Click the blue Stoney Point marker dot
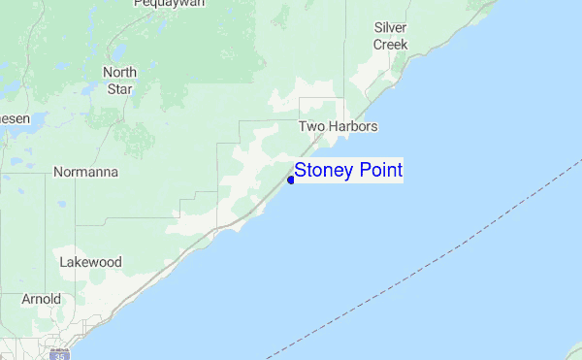291,180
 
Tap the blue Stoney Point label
348,171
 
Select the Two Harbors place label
338,127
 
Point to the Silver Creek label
391,36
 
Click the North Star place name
119,81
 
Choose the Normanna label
86,173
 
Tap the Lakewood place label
90,262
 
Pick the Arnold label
42,299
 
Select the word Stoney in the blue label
324,171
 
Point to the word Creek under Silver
391,45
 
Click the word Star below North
119,89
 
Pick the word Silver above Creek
391,28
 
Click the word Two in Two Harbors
310,127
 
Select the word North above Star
119,72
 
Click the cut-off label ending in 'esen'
15,117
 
